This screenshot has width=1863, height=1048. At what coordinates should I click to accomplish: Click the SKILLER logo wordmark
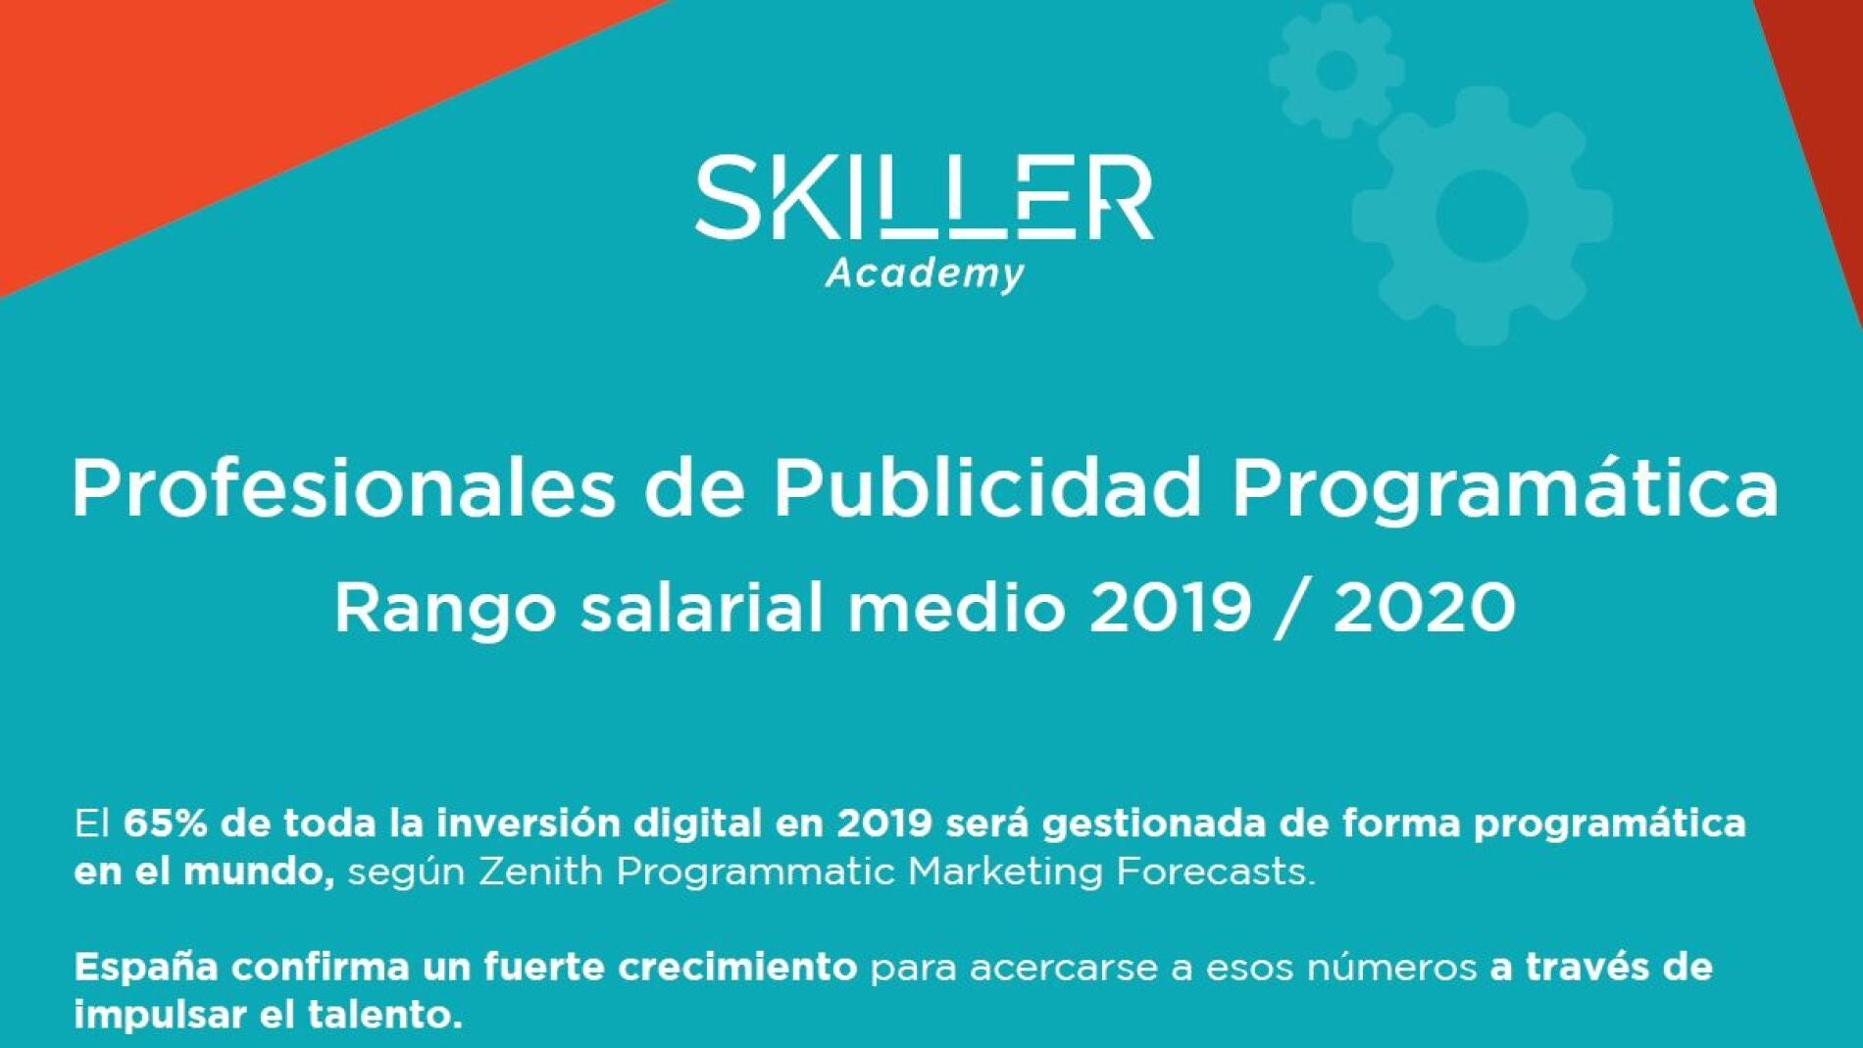924,197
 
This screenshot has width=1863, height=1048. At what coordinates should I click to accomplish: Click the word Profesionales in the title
343,487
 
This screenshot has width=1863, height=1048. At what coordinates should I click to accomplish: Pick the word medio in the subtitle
956,607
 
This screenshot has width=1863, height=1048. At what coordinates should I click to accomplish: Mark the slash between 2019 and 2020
1293,609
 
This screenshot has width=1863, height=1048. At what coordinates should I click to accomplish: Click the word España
146,968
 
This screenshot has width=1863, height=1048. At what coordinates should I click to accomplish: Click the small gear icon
1336,71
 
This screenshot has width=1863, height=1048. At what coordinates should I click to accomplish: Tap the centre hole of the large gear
1482,215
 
